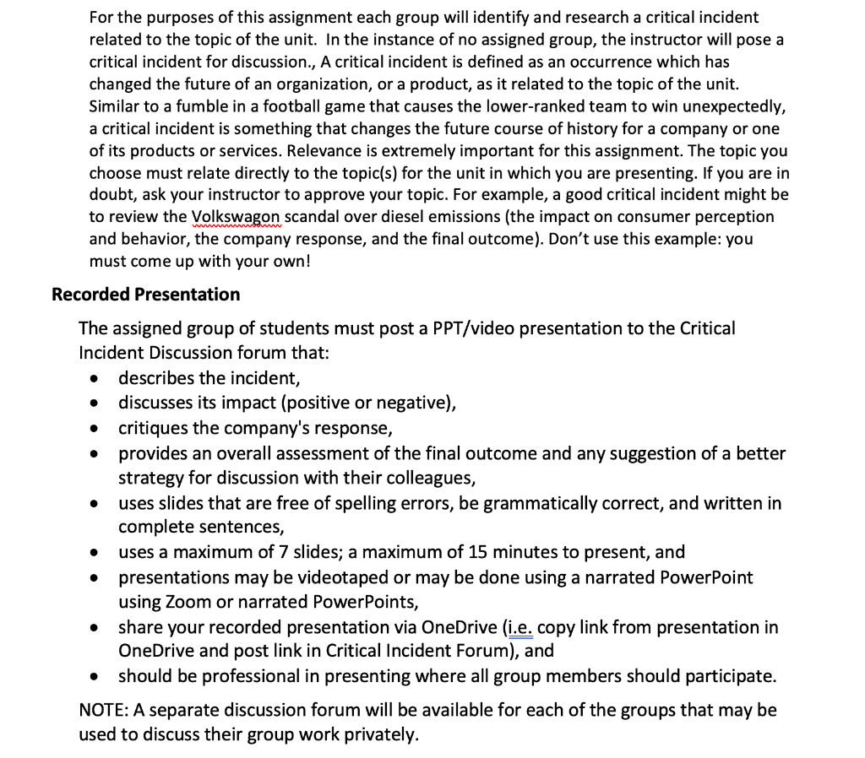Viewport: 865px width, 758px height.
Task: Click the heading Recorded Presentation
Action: click(x=145, y=295)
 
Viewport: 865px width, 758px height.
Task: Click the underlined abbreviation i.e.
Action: click(x=518, y=627)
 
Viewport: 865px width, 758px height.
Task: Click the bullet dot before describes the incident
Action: click(x=98, y=378)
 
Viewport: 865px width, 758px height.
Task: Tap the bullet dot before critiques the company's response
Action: click(x=98, y=428)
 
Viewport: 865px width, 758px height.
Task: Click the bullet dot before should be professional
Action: click(x=98, y=677)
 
